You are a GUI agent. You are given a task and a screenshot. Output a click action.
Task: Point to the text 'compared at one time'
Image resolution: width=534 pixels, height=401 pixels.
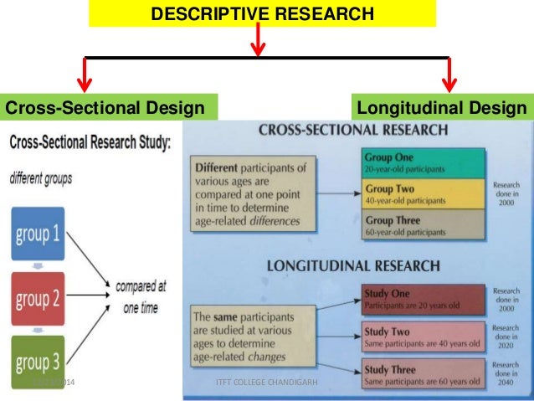[141, 296]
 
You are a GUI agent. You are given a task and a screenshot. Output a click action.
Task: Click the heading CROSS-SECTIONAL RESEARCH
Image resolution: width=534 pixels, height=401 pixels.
[352, 131]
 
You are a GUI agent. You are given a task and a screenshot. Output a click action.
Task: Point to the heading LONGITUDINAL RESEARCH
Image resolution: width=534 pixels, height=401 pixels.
[352, 266]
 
